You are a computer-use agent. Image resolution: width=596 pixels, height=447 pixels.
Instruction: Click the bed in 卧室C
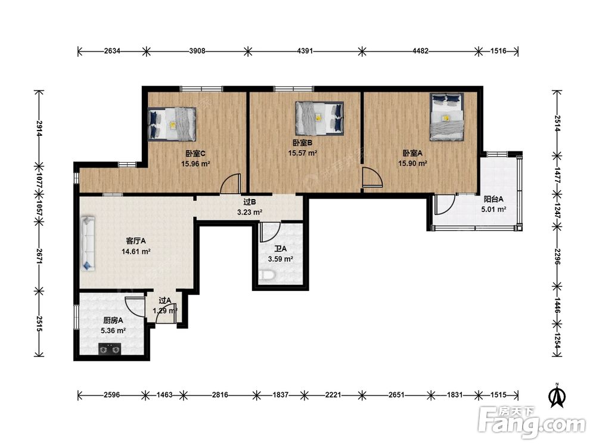point(172,124)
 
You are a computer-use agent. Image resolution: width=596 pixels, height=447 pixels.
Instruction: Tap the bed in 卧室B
point(319,118)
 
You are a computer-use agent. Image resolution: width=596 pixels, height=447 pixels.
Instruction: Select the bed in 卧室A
point(446,117)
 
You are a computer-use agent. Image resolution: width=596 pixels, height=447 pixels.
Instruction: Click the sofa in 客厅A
point(88,243)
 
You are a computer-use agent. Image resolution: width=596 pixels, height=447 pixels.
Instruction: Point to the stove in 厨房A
point(110,349)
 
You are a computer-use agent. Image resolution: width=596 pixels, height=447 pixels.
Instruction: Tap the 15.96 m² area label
point(195,164)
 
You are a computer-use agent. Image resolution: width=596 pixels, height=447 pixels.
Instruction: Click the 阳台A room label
point(493,199)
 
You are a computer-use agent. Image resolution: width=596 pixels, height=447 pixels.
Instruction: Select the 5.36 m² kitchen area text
point(113,331)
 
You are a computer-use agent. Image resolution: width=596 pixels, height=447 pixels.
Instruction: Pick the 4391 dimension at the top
point(305,51)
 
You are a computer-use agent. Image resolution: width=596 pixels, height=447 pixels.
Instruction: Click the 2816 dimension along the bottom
point(220,395)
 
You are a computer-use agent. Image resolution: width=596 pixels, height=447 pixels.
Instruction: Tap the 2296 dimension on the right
point(557,257)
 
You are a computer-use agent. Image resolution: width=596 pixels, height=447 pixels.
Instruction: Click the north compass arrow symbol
point(557,396)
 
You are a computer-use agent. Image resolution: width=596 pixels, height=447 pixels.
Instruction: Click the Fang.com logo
point(532,422)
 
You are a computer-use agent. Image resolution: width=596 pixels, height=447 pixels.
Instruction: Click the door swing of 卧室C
point(231,183)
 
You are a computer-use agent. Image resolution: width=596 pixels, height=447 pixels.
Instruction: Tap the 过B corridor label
point(249,202)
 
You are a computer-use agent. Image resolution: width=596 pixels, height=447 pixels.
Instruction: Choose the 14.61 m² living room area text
point(136,252)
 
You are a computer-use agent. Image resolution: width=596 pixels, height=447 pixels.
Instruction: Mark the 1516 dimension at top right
point(498,51)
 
